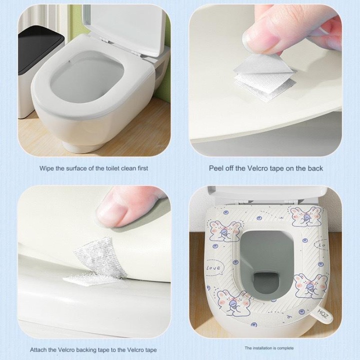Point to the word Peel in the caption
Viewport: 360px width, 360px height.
tap(216, 168)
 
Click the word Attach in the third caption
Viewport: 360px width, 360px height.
tap(38, 350)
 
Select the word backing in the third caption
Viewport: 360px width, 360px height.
tap(87, 350)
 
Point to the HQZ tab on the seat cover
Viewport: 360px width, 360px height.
tap(322, 314)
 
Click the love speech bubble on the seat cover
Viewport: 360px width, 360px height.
tap(214, 267)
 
